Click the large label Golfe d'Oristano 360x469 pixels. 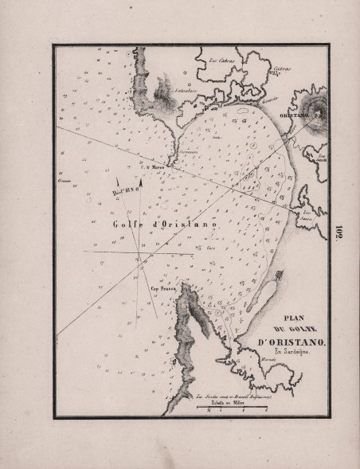165,225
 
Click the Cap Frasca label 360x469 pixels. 162,289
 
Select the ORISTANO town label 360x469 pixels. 294,116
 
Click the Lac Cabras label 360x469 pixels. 218,61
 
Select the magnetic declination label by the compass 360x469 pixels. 126,192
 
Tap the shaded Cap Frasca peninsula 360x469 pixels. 190,319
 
